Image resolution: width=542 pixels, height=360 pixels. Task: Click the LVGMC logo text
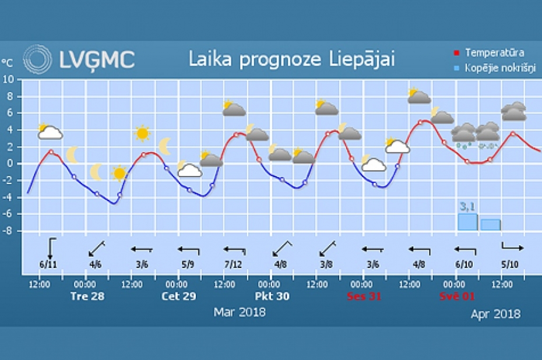[x=97, y=59]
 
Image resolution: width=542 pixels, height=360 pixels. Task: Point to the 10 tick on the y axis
[x=8, y=79]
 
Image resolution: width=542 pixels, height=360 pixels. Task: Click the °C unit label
[x=7, y=62]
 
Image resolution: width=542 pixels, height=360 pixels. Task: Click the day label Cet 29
[x=178, y=296]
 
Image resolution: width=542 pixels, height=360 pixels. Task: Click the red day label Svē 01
[x=456, y=296]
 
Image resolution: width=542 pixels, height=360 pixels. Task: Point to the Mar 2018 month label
[x=239, y=312]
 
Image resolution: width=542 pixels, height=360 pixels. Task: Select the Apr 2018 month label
[x=495, y=314]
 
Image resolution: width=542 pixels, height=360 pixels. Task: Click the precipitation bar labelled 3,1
[x=467, y=222]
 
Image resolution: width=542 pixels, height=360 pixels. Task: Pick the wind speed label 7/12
[x=233, y=264]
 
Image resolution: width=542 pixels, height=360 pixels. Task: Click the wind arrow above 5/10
[x=512, y=247]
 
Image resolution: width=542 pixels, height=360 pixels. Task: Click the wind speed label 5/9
[x=188, y=264]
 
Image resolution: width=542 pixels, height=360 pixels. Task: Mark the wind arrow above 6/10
[x=465, y=250]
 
